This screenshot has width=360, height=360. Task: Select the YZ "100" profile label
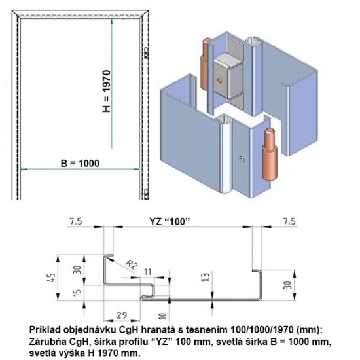click(x=167, y=223)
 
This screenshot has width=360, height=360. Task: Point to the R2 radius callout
click(x=132, y=264)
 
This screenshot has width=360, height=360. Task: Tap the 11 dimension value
click(x=148, y=271)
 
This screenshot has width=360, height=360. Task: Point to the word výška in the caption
click(x=78, y=352)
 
